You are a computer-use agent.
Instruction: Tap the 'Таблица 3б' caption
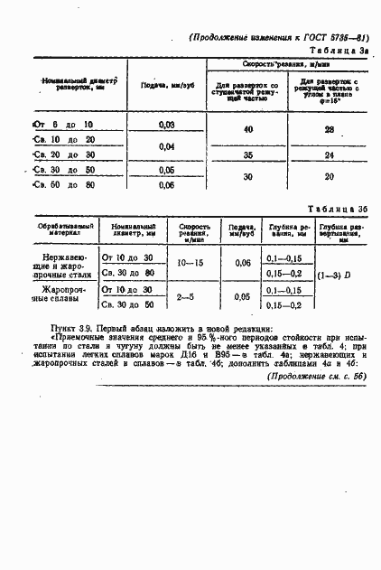pyautogui.click(x=343, y=208)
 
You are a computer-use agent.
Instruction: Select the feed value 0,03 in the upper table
pyautogui.click(x=166, y=124)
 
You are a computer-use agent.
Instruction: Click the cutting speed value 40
pyautogui.click(x=248, y=130)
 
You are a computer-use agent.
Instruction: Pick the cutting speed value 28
pyautogui.click(x=329, y=130)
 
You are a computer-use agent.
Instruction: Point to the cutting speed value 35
pyautogui.click(x=248, y=154)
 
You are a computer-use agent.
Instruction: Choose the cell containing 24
pyautogui.click(x=329, y=154)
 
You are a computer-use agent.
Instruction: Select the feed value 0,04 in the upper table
pyautogui.click(x=166, y=145)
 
